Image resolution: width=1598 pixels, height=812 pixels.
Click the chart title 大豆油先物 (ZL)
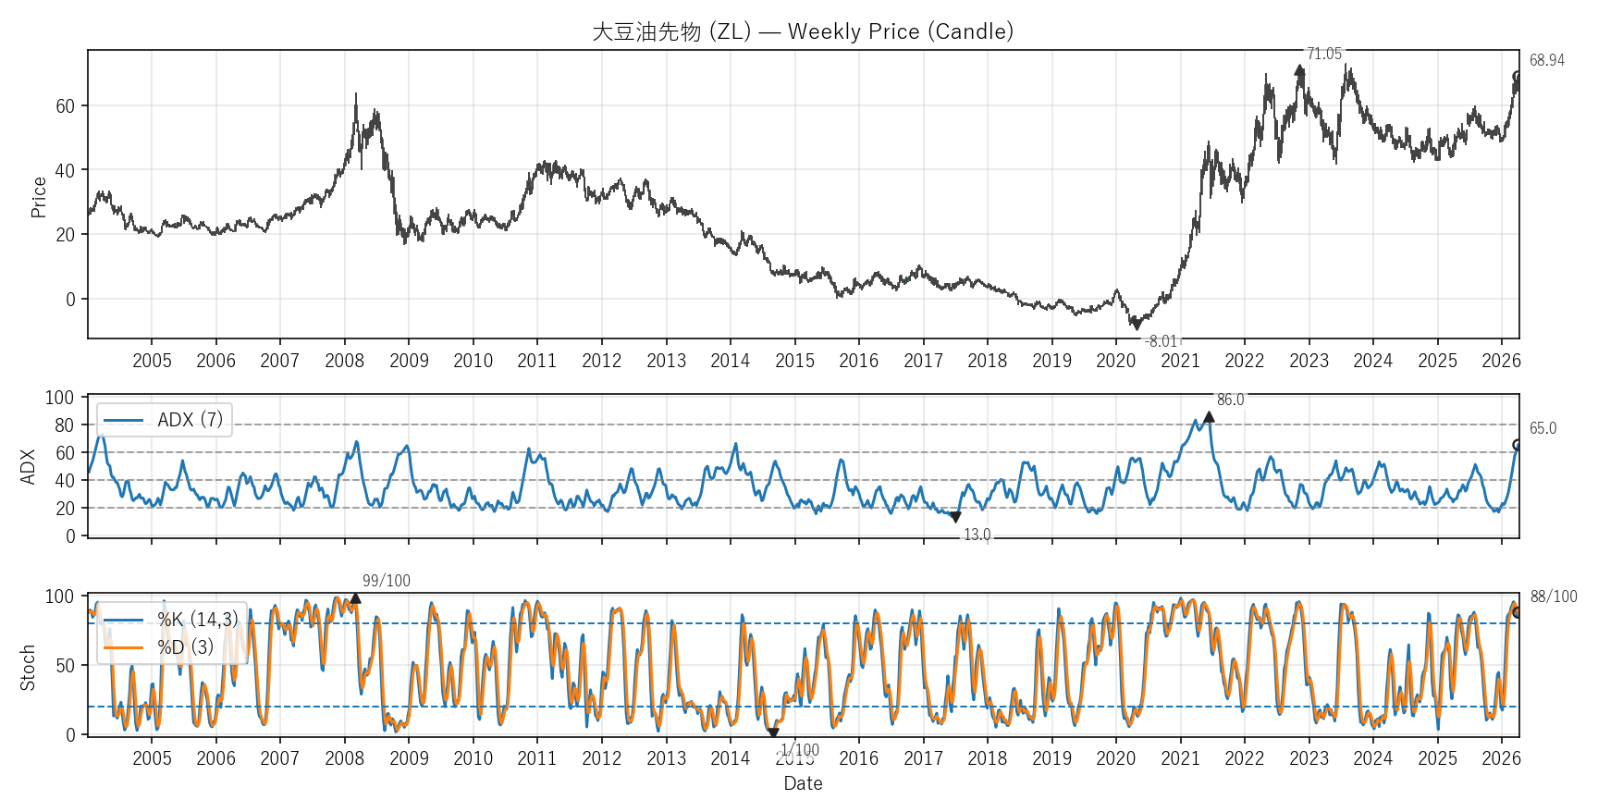pos(802,31)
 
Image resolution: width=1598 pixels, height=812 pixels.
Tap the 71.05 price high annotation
pos(1323,54)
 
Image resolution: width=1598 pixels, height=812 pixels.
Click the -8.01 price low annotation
pos(1161,341)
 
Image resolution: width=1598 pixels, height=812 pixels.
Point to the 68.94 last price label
pos(1546,60)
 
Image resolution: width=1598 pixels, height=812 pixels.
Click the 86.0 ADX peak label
pos(1230,400)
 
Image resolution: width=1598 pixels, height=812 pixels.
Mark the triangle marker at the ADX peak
pos(1209,417)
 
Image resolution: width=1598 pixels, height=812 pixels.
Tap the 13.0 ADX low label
pos(977,535)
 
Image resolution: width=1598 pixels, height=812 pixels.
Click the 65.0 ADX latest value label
pos(1543,428)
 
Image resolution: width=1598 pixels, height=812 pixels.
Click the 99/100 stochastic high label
pos(386,581)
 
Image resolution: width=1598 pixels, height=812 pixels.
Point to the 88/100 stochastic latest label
pos(1554,597)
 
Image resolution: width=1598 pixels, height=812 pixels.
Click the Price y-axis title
pos(38,197)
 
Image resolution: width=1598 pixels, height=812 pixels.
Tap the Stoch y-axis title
pos(28,667)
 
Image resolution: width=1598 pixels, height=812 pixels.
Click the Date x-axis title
pos(803,783)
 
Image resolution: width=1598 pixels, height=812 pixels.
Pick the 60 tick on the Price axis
pos(65,106)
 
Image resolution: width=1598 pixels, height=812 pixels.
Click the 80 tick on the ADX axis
pos(64,425)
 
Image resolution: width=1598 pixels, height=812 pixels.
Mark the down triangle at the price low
pos(1137,325)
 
